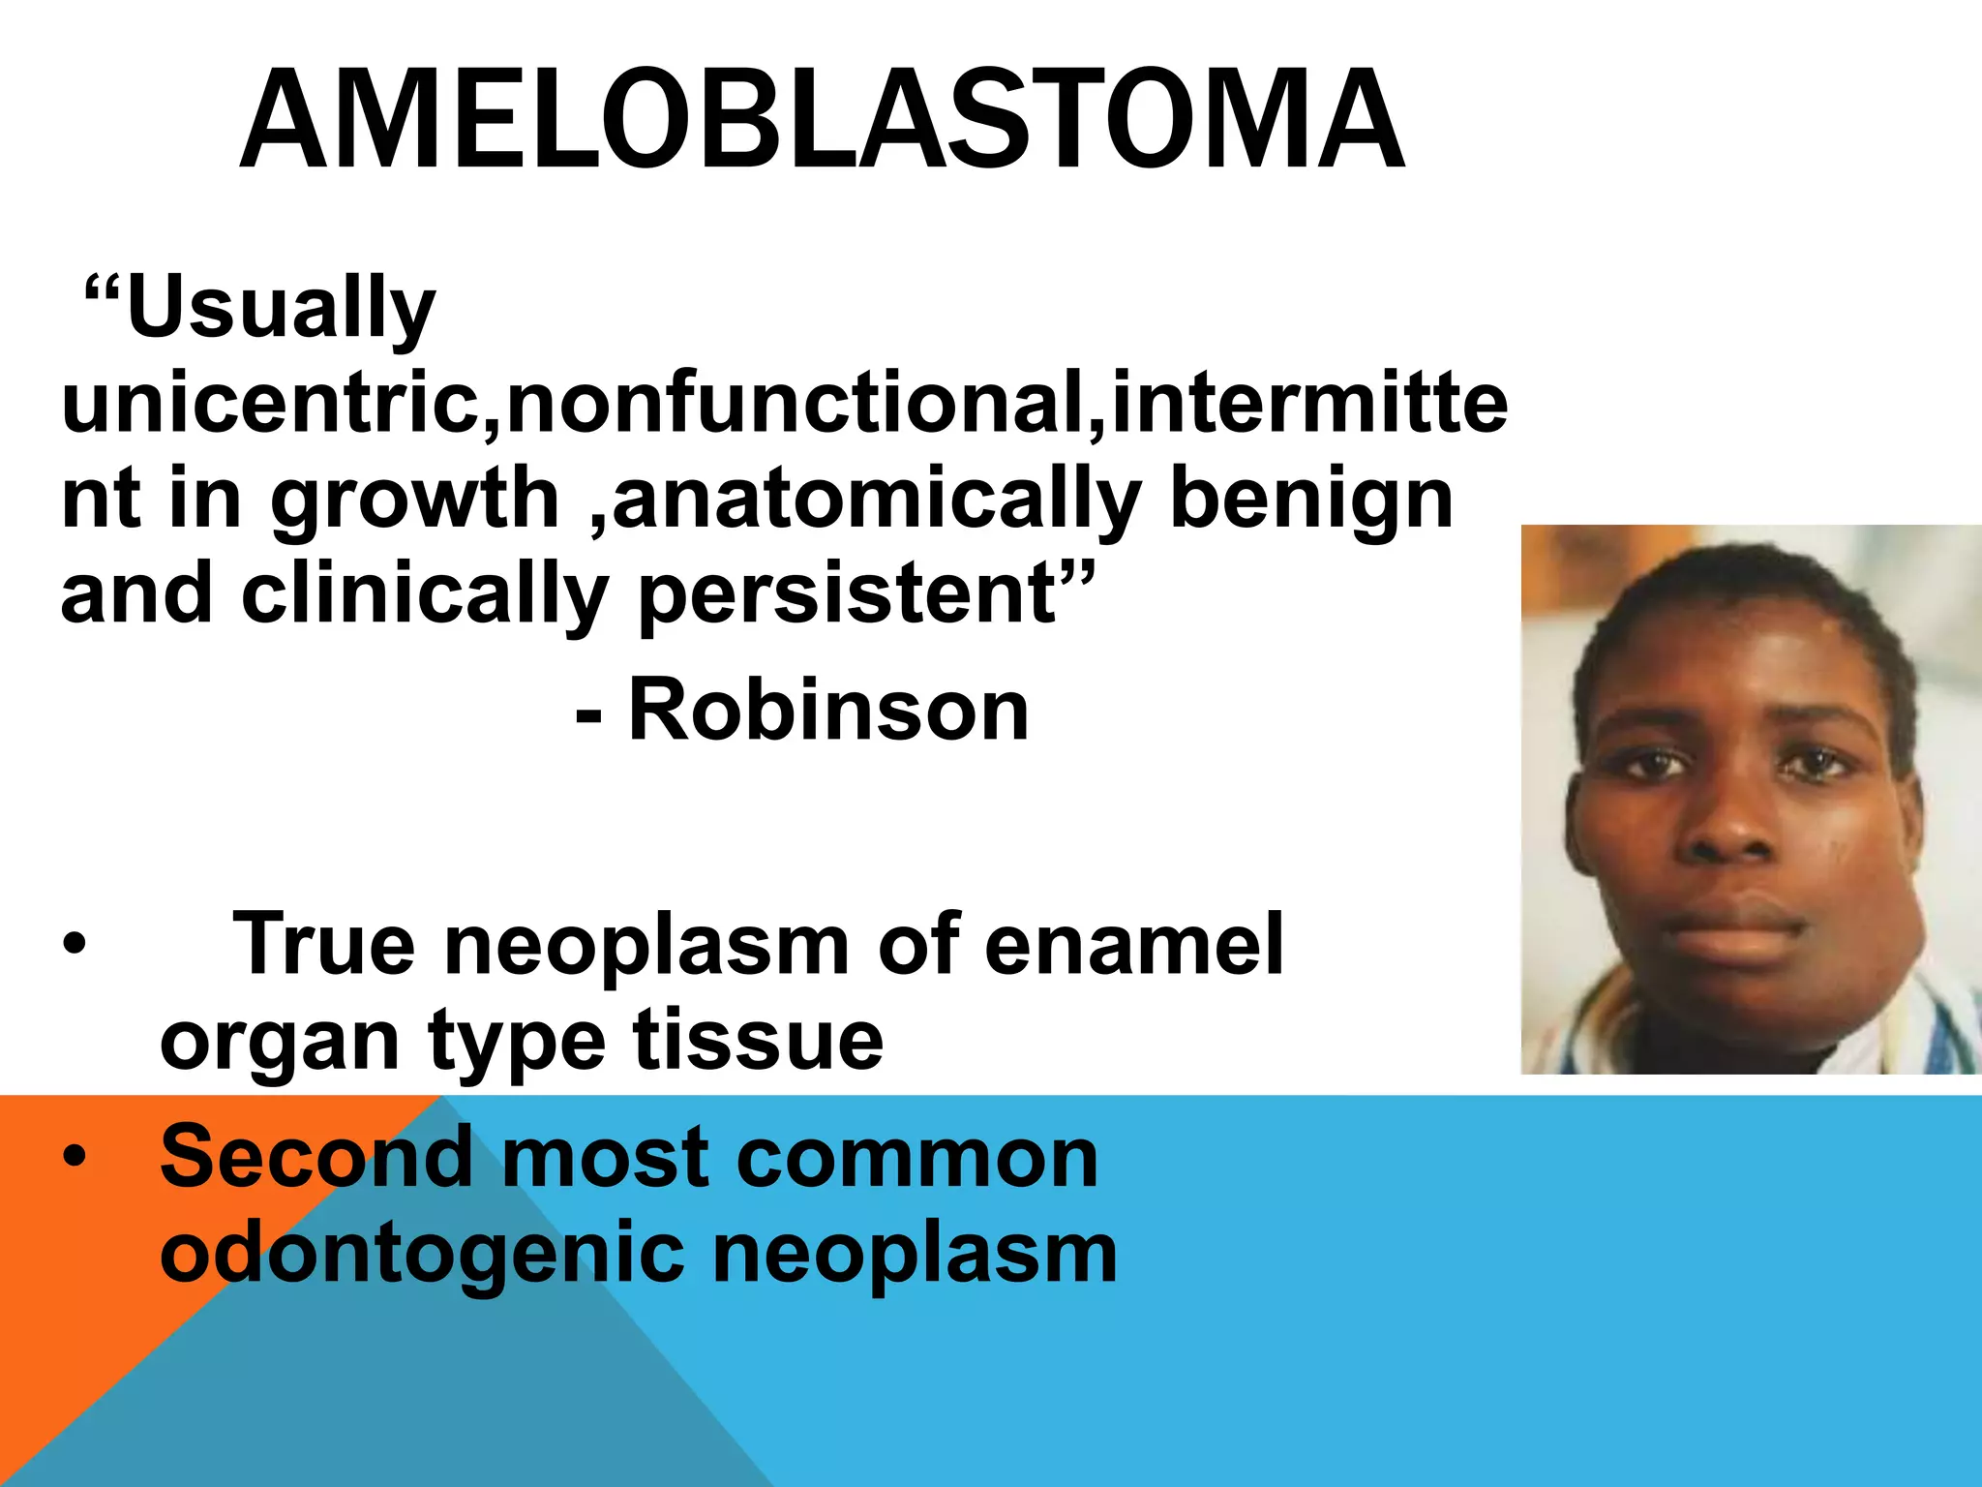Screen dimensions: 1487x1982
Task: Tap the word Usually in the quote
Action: [281, 308]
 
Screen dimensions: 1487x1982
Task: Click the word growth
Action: [414, 501]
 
